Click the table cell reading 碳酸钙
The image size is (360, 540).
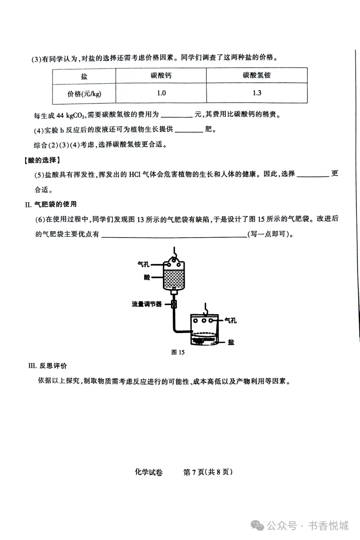click(x=161, y=76)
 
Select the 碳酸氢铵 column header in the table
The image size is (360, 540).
click(x=256, y=76)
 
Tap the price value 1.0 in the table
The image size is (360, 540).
click(x=161, y=93)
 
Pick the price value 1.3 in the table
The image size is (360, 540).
click(x=256, y=93)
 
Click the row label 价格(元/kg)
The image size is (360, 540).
click(x=84, y=94)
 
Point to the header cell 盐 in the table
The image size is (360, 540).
click(x=84, y=76)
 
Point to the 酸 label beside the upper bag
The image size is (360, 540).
click(x=147, y=278)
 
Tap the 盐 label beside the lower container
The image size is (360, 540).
click(x=231, y=342)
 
